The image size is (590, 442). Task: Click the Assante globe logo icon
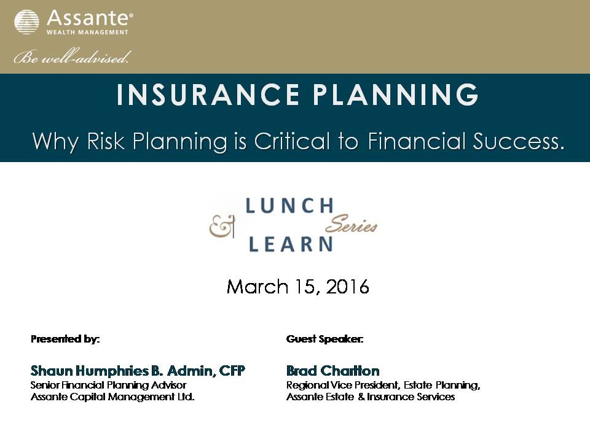click(x=26, y=22)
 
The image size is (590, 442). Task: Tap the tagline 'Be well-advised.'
click(x=73, y=58)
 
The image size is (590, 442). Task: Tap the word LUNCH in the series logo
click(x=289, y=206)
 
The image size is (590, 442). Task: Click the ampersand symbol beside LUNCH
click(x=222, y=228)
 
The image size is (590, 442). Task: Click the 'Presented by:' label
click(x=65, y=339)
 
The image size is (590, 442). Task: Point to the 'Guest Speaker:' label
click(x=324, y=339)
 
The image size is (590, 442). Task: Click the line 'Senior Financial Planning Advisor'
click(x=108, y=385)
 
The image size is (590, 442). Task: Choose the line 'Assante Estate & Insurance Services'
click(x=371, y=397)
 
